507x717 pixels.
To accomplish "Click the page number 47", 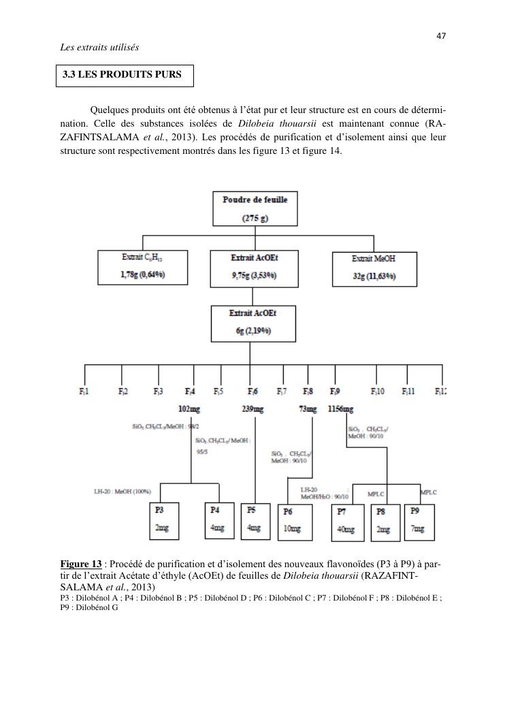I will (441, 36).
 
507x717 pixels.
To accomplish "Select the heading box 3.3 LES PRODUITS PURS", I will (125, 76).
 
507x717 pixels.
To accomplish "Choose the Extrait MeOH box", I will (374, 268).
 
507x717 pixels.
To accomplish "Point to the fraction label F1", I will (84, 392).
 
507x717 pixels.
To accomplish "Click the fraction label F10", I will (377, 392).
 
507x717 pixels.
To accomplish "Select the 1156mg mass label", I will (340, 409).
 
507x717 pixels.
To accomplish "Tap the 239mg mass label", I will (252, 409).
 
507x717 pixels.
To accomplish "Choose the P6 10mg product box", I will (295, 522).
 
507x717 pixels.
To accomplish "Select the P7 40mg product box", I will (348, 522).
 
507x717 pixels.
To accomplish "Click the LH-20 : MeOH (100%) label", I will (122, 491).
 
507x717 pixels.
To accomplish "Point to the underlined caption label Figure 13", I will (80, 564).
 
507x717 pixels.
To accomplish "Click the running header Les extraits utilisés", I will (99, 47).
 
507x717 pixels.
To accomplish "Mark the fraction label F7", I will (281, 392).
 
